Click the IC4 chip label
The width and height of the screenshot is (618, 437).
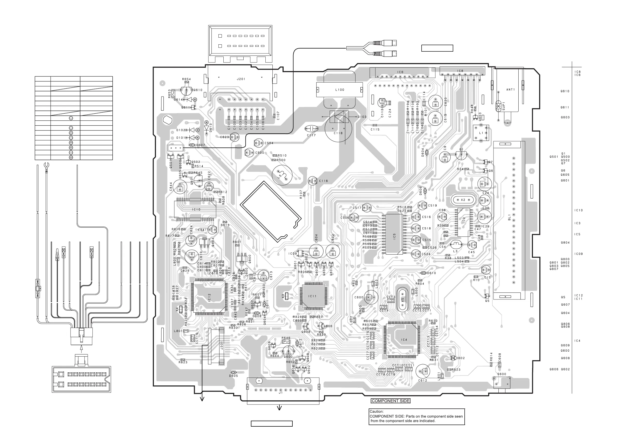pos(404,340)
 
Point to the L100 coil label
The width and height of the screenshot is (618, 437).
pos(340,90)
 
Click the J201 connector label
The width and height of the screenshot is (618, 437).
pos(241,79)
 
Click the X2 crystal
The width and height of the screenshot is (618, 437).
pos(463,200)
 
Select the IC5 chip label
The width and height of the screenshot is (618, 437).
pos(394,236)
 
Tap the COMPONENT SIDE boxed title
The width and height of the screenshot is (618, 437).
pos(390,401)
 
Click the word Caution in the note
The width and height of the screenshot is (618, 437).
pos(376,411)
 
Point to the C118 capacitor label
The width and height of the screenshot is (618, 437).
pos(338,133)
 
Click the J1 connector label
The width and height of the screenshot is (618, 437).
pos(281,393)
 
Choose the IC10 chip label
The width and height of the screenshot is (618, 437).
pos(196,209)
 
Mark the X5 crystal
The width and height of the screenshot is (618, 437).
pos(402,299)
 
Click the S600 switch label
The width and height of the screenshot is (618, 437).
pos(502,374)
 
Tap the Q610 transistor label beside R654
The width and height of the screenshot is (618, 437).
pos(198,90)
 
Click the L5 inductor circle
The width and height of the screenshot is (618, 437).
pos(282,175)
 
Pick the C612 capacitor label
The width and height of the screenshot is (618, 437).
pos(423,380)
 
